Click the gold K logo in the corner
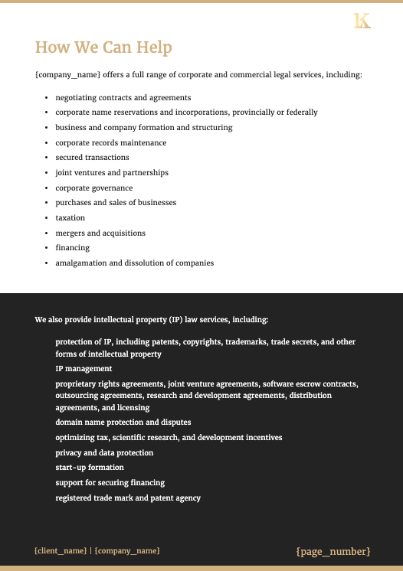click(362, 21)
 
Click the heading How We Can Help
click(103, 47)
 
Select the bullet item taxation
click(70, 218)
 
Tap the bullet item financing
click(72, 248)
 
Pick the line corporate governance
click(93, 188)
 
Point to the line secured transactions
click(92, 158)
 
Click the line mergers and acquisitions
click(100, 233)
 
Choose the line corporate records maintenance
click(110, 142)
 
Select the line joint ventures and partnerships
click(112, 173)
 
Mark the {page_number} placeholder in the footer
click(333, 551)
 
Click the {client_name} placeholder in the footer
click(61, 551)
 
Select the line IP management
click(84, 368)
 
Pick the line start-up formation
click(90, 468)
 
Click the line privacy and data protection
click(104, 452)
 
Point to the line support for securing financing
click(110, 483)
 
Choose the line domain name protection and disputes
click(123, 422)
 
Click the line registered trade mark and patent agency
click(128, 498)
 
